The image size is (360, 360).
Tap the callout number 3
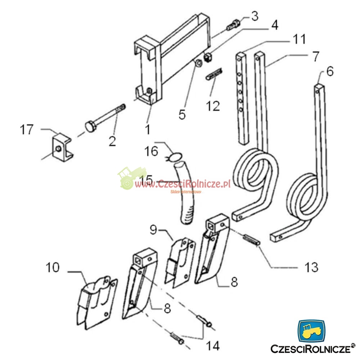[255, 17]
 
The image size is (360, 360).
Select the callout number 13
[311, 267]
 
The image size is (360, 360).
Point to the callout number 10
[53, 268]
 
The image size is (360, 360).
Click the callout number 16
[152, 151]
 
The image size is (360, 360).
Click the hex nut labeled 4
[208, 57]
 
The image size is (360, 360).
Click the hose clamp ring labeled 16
[174, 157]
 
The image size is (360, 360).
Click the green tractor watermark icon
[130, 177]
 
